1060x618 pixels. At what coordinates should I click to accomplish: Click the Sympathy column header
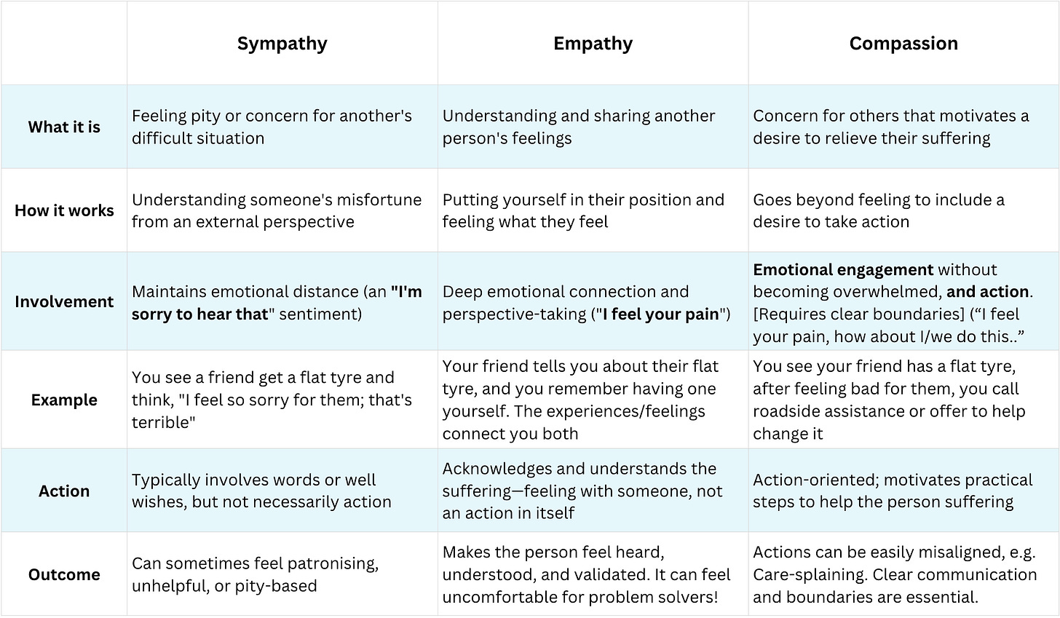tap(282, 44)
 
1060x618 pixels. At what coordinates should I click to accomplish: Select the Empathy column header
tap(593, 44)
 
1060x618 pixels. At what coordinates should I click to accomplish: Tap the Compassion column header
tap(903, 44)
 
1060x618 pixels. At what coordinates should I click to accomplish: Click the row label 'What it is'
tap(64, 127)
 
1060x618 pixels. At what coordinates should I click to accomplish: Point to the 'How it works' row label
tap(64, 210)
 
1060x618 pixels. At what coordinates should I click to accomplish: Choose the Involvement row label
tap(64, 301)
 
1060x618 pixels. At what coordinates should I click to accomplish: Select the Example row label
tap(64, 400)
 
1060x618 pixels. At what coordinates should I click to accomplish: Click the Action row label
tap(64, 491)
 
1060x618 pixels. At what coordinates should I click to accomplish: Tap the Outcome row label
tap(64, 574)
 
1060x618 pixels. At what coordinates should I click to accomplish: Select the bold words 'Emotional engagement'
tap(843, 269)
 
